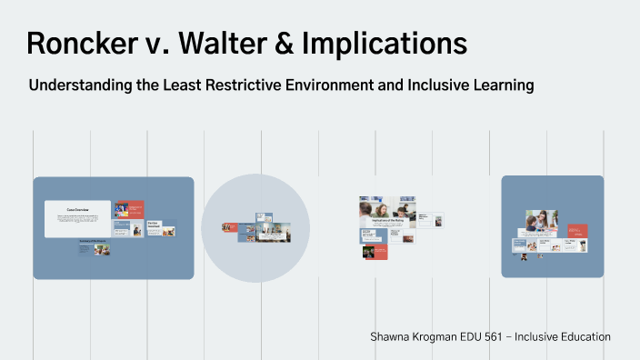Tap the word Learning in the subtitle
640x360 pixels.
coord(499,85)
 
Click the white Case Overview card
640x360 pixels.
coord(77,219)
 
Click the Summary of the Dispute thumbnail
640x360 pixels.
coord(95,246)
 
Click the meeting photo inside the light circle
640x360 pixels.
coord(276,234)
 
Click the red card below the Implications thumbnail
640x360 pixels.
coord(375,252)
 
